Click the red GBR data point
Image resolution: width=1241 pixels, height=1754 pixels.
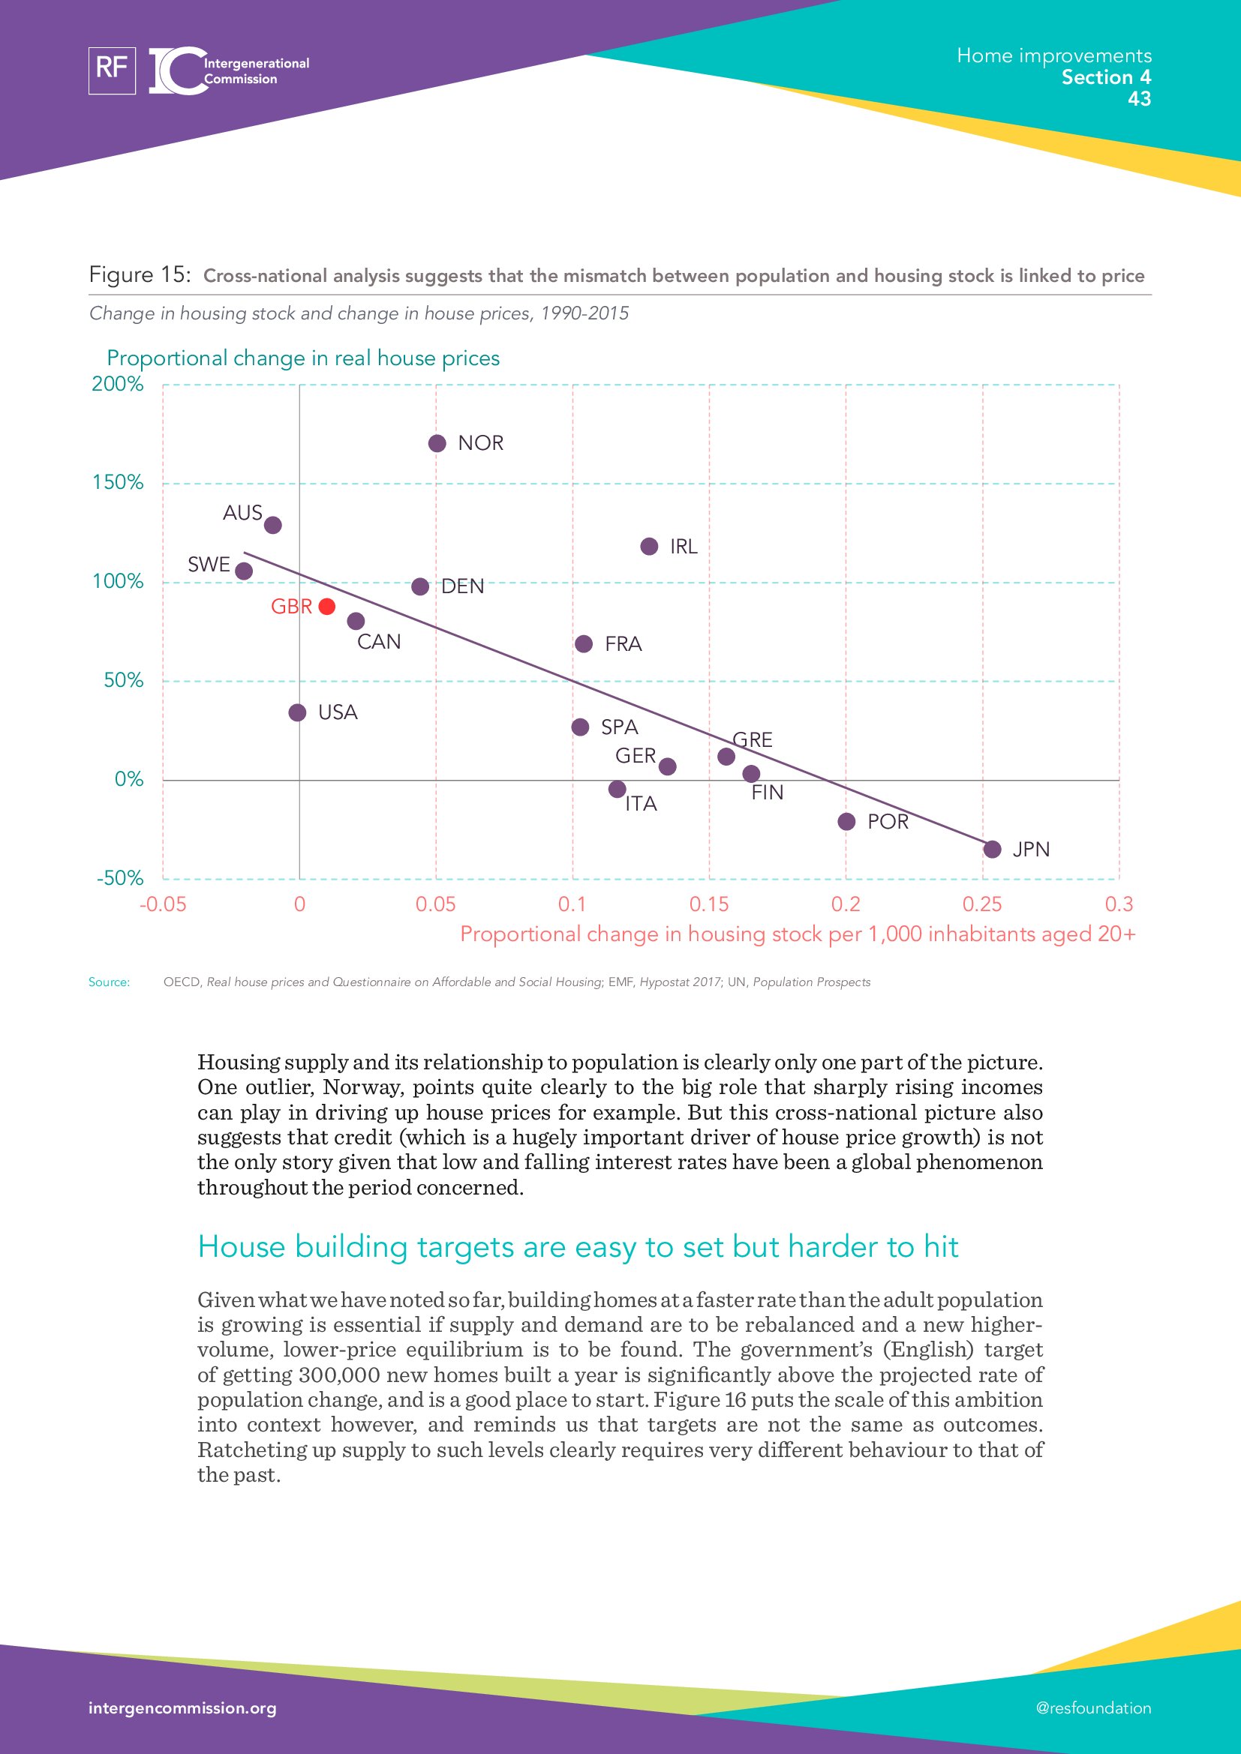click(326, 606)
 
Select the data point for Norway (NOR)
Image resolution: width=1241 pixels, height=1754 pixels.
click(437, 443)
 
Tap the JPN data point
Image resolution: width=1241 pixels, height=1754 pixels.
click(992, 849)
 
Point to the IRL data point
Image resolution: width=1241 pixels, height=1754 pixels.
click(649, 546)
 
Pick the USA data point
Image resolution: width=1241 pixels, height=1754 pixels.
click(297, 712)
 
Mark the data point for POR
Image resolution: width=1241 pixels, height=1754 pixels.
click(846, 821)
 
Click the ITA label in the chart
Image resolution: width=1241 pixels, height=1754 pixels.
click(640, 804)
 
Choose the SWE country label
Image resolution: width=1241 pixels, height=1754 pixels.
click(209, 565)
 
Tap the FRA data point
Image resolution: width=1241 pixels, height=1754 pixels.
click(583, 644)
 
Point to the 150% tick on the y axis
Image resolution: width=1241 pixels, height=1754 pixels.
click(118, 482)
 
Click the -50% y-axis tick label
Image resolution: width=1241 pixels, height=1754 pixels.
click(120, 878)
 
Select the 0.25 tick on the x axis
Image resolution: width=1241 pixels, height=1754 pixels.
click(982, 904)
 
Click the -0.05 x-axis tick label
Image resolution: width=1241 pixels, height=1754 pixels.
click(163, 904)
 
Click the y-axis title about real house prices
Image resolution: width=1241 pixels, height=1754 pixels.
click(302, 358)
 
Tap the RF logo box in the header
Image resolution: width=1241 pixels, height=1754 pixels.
click(112, 70)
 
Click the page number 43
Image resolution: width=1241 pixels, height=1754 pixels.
click(1139, 98)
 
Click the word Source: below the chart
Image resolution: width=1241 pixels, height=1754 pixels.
click(109, 982)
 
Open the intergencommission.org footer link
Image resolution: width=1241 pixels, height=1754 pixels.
click(182, 1708)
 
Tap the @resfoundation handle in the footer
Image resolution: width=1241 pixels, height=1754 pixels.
click(1092, 1708)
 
